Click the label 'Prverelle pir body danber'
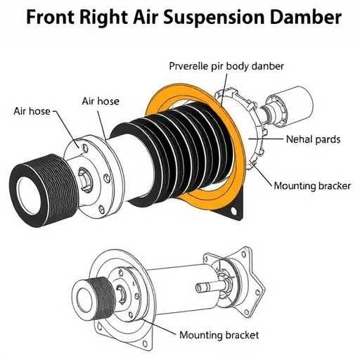click(x=226, y=67)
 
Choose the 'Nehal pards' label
click(x=313, y=139)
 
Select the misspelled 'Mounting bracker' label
click(x=312, y=186)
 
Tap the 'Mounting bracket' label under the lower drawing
click(x=219, y=335)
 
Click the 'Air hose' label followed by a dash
click(x=32, y=111)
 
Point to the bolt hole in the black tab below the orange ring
click(x=233, y=211)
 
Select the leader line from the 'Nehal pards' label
click(x=266, y=139)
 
